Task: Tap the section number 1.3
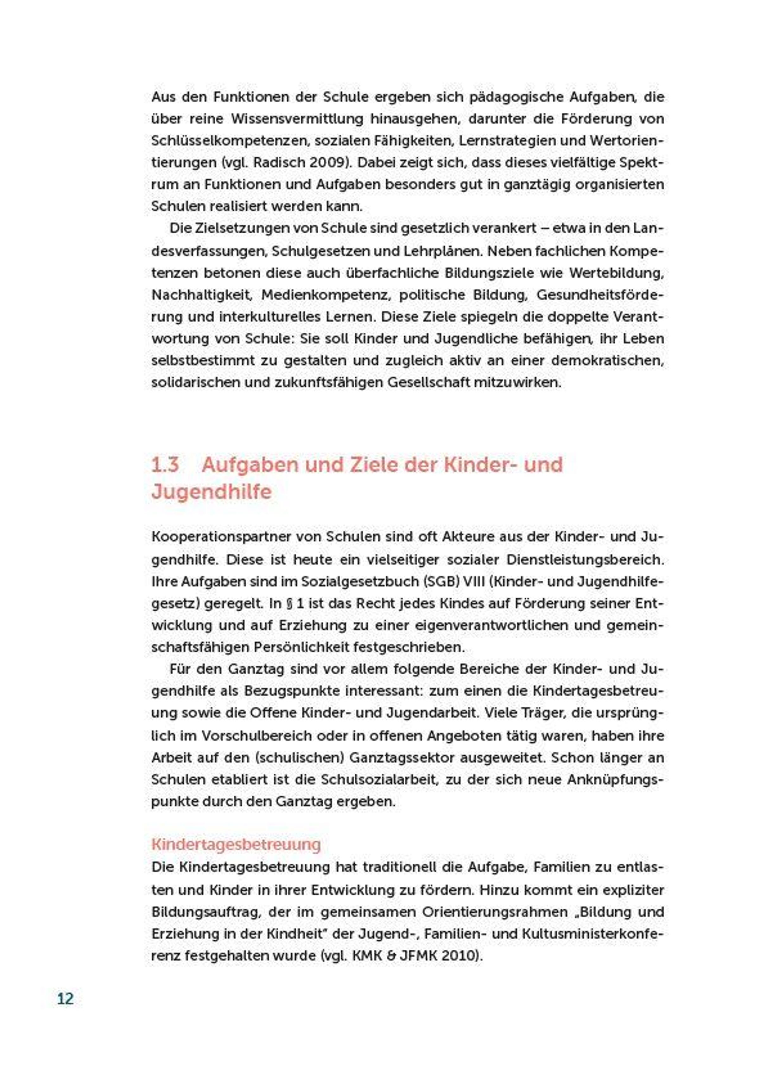[x=165, y=465]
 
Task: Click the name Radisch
[x=275, y=163]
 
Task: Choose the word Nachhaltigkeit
[x=202, y=295]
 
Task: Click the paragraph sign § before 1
[x=290, y=604]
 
